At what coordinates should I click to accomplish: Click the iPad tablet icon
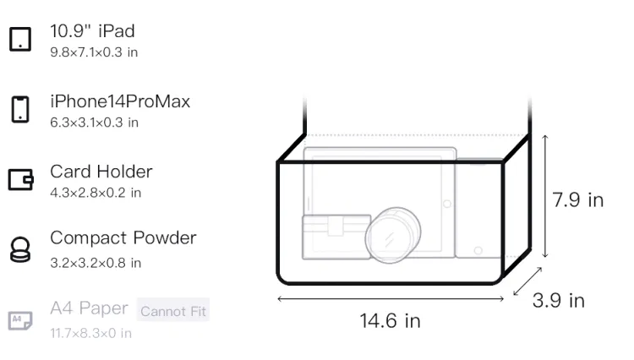coord(20,39)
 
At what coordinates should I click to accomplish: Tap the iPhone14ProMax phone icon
coord(20,109)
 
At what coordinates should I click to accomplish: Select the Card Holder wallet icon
coord(20,179)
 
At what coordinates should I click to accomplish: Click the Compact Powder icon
coord(20,249)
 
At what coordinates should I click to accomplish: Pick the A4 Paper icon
coord(20,320)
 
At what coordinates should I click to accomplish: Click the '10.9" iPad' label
coord(92,31)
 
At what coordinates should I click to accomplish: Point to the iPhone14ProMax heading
coord(120,101)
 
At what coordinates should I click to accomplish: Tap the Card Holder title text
coord(101,172)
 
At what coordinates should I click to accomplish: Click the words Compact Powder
coord(123,238)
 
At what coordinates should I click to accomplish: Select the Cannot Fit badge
coord(173,310)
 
